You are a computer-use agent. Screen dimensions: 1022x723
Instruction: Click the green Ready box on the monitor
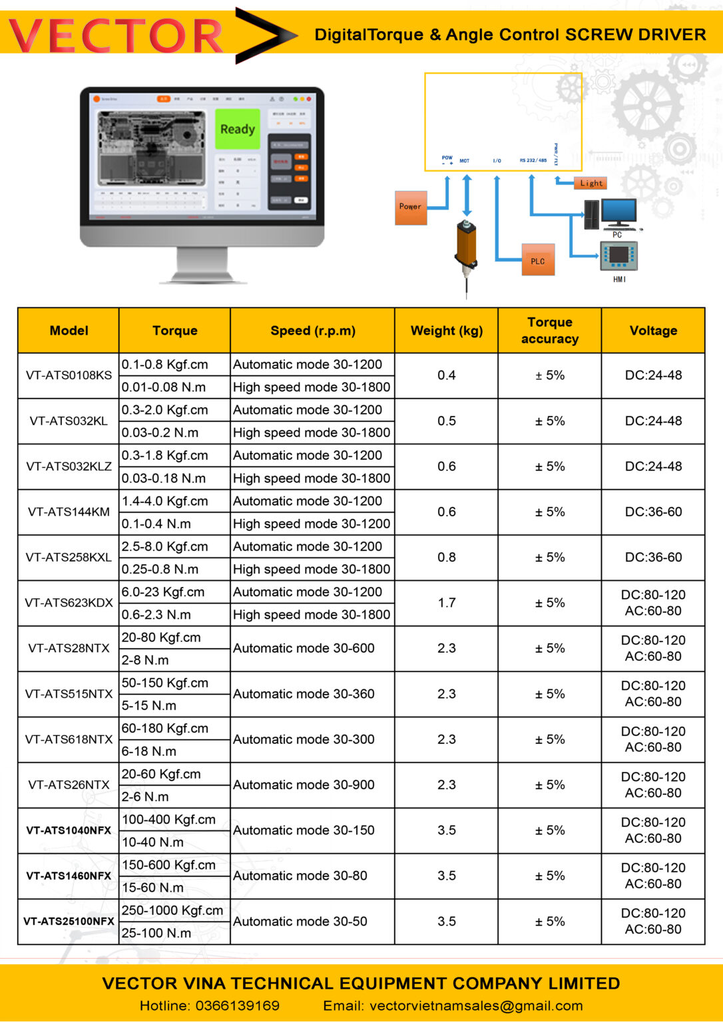coord(237,129)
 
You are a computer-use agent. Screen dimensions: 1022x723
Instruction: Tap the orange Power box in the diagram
coord(410,207)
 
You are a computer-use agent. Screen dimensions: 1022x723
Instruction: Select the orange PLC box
coord(538,261)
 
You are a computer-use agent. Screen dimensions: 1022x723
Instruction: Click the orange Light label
coord(591,183)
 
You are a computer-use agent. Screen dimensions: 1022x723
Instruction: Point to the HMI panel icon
coord(619,256)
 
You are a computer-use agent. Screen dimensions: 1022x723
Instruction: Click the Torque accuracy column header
coord(549,331)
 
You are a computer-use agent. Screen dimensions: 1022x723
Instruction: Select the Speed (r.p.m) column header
coord(312,331)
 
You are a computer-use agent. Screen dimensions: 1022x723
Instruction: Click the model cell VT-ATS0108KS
coord(69,375)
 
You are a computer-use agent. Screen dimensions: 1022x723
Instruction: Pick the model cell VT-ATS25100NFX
coord(69,922)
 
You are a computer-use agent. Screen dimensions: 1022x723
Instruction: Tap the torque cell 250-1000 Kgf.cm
coord(172,910)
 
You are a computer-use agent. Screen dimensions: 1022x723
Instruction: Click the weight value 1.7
coord(446,603)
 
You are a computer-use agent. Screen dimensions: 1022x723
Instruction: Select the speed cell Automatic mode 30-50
coord(300,922)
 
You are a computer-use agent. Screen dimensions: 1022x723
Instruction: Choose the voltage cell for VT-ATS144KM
coord(653,512)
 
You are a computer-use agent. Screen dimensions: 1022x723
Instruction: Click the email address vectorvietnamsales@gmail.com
coord(476,1005)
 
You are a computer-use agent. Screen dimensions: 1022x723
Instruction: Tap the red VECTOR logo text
coord(117,36)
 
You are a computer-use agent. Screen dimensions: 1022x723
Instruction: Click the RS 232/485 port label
coord(533,160)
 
